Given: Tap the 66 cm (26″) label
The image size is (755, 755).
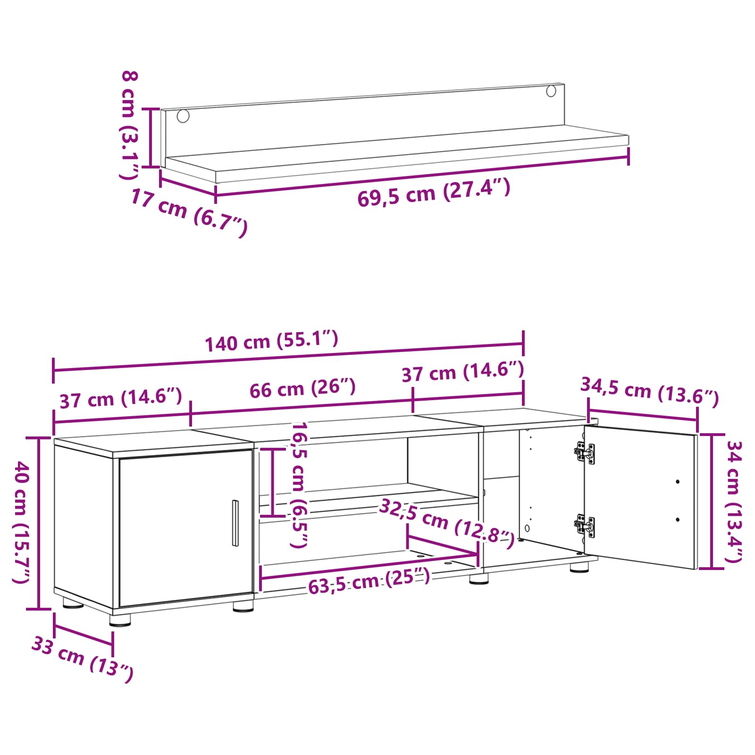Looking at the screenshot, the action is [302, 388].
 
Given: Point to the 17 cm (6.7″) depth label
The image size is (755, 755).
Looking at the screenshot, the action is [189, 212].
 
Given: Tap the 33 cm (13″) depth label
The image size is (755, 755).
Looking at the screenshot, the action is [83, 659].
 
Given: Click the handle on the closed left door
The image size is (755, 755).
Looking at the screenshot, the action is [235, 523].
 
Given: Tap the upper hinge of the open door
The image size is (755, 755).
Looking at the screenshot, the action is [585, 453].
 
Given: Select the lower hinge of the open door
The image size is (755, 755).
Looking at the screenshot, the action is [585, 526].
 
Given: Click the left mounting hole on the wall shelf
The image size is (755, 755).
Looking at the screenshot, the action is [183, 116].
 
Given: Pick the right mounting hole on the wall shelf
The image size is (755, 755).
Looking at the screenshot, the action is [551, 91].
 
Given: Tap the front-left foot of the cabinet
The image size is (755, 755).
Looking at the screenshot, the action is [120, 620].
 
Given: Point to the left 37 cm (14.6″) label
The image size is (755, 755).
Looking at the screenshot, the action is [121, 399].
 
